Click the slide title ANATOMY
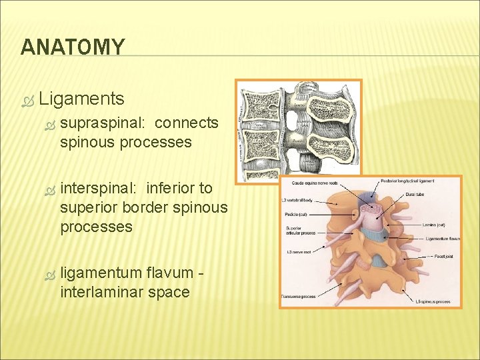72,47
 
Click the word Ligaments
81,99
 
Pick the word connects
186,123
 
